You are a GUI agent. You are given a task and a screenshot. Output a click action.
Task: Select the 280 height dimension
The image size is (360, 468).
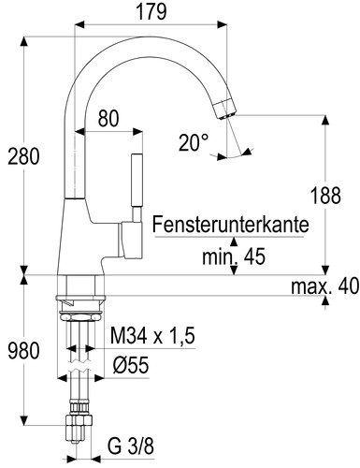(x=22, y=156)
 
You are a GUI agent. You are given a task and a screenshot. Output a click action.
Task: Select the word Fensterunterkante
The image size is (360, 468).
(x=230, y=226)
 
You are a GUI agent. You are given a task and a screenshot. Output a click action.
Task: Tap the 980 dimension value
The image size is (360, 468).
(x=22, y=351)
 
